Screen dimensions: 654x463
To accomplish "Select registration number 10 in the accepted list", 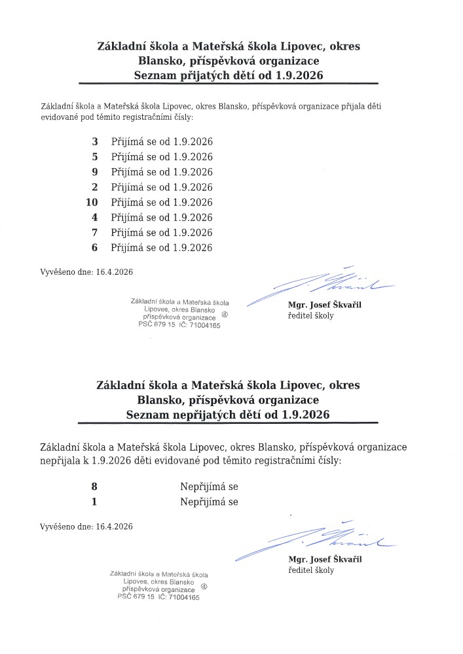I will [x=92, y=202].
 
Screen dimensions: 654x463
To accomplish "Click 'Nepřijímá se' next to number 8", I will [x=209, y=487].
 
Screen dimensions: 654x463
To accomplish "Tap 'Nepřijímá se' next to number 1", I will [x=209, y=502].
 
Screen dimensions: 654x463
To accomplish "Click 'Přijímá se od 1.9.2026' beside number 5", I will [x=162, y=157].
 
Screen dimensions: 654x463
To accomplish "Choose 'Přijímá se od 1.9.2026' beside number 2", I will [x=162, y=187].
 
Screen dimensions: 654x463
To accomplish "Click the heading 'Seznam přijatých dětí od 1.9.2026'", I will [x=228, y=76].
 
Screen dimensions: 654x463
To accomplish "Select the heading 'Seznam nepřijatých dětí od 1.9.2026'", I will [x=228, y=415].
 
